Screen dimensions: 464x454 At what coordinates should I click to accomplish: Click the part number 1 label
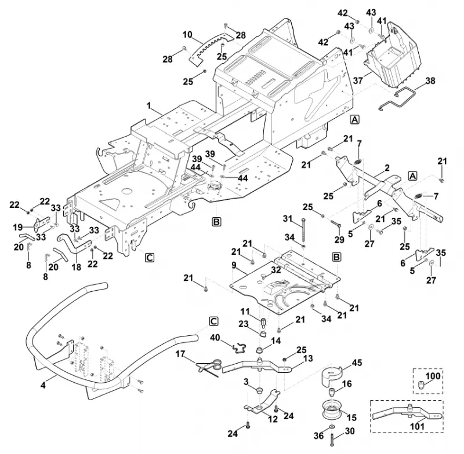click(x=149, y=106)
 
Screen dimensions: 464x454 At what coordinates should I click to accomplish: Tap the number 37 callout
click(x=358, y=80)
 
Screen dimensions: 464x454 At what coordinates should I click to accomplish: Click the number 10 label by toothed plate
click(x=187, y=35)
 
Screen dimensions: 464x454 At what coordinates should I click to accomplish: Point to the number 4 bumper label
click(x=43, y=385)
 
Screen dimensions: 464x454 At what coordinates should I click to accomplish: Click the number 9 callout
click(x=234, y=265)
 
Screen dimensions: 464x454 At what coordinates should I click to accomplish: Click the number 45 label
click(x=357, y=363)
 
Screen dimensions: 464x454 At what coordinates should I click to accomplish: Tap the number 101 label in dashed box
click(x=416, y=427)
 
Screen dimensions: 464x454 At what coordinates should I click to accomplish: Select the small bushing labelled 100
click(x=421, y=385)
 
